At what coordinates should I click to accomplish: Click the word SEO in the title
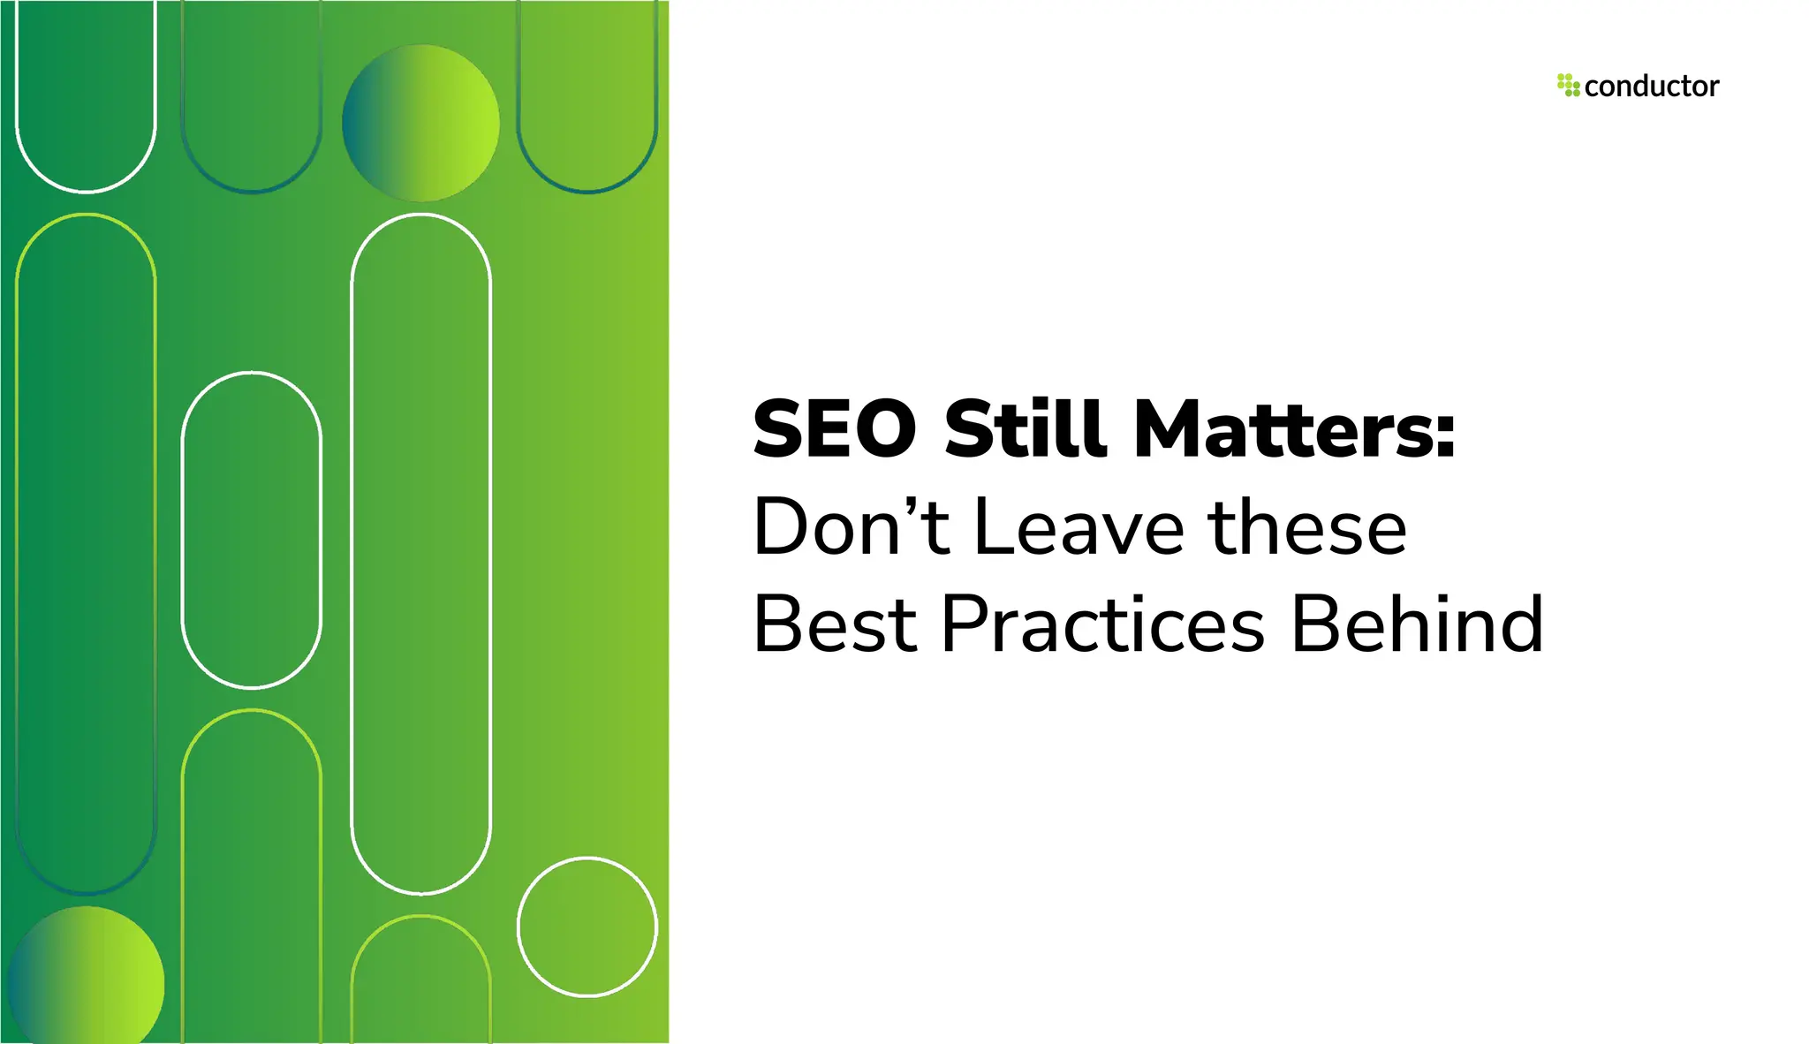tap(835, 429)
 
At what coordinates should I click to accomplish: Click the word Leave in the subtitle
tap(1079, 527)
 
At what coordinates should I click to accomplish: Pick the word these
tap(1307, 527)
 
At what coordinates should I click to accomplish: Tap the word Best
tap(835, 624)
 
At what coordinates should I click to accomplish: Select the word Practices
tap(1103, 624)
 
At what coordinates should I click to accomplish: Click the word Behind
tap(1417, 624)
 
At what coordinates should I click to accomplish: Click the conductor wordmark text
tap(1651, 87)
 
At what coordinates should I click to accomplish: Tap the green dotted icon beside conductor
tap(1568, 86)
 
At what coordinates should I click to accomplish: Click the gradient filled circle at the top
tap(420, 123)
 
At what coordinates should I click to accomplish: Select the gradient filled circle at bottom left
tap(87, 980)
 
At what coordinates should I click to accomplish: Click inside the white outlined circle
tap(587, 927)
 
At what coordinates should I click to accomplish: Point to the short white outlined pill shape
tap(252, 530)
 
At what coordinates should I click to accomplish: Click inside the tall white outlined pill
tap(421, 554)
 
